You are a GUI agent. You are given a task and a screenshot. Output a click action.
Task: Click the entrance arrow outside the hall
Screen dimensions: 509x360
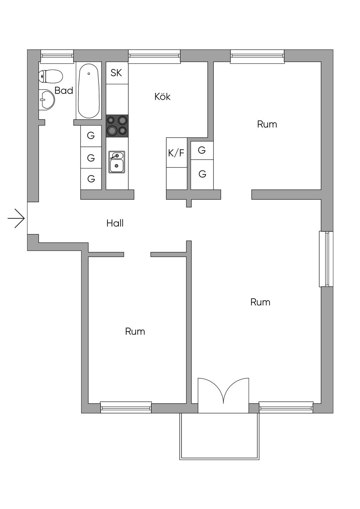16,218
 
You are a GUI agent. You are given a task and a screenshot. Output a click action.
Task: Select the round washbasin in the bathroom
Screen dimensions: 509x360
46,100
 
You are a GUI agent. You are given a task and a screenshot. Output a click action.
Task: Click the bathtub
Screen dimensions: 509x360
89,90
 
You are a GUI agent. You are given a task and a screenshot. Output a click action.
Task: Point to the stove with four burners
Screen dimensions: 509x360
117,125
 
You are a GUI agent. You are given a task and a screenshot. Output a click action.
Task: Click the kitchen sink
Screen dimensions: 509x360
116,162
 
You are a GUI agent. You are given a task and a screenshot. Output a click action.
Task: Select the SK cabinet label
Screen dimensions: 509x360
116,73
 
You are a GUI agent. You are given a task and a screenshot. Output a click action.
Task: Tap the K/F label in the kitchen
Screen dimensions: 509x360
176,153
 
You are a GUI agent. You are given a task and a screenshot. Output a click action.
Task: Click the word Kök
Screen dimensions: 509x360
162,96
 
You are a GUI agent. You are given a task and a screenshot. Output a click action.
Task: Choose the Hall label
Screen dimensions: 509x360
115,223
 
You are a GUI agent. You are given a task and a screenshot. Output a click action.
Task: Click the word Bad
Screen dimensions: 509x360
64,91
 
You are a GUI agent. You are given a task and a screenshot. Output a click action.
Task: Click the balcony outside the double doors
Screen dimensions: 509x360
219,436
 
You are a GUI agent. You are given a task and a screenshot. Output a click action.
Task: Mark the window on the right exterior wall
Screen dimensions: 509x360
326,259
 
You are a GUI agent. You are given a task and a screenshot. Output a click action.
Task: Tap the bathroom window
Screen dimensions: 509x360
57,55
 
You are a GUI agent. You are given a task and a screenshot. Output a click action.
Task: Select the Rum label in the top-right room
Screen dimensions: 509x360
267,124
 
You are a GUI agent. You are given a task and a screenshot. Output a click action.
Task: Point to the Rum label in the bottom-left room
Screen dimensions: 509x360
135,331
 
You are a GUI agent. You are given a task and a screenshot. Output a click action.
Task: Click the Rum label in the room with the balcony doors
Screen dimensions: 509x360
260,302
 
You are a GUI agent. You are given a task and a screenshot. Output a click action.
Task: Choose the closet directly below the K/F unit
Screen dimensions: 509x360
176,178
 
